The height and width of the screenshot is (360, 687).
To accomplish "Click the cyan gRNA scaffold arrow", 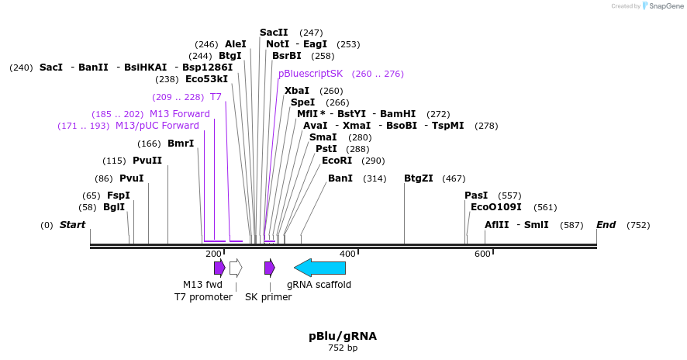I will [x=320, y=268].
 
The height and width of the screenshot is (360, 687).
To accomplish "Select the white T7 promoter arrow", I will [x=236, y=268].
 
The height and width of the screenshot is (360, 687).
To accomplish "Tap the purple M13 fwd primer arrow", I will [x=219, y=268].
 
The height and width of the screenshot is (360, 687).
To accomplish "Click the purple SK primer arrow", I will [x=269, y=268].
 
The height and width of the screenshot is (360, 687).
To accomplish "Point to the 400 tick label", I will [x=348, y=254].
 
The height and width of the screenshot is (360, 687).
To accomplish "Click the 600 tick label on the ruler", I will [x=482, y=254].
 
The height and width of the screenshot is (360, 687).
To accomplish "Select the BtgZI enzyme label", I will [x=419, y=178].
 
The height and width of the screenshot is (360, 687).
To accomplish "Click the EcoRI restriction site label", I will [x=337, y=161].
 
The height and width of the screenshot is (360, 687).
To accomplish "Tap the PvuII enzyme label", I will [x=147, y=161].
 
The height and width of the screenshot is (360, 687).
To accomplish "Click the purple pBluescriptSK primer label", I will [x=310, y=74].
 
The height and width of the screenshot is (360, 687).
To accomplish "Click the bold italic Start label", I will [x=72, y=225].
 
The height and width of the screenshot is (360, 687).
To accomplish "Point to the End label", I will [x=606, y=225].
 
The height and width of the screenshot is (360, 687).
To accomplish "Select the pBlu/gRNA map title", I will [x=343, y=336].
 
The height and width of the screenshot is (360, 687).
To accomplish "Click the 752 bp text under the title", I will [x=343, y=348].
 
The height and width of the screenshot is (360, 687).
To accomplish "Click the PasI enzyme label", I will [x=476, y=196].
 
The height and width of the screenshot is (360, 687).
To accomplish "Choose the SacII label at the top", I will [x=274, y=33].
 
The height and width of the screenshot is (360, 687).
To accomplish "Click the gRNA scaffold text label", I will [x=319, y=285].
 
